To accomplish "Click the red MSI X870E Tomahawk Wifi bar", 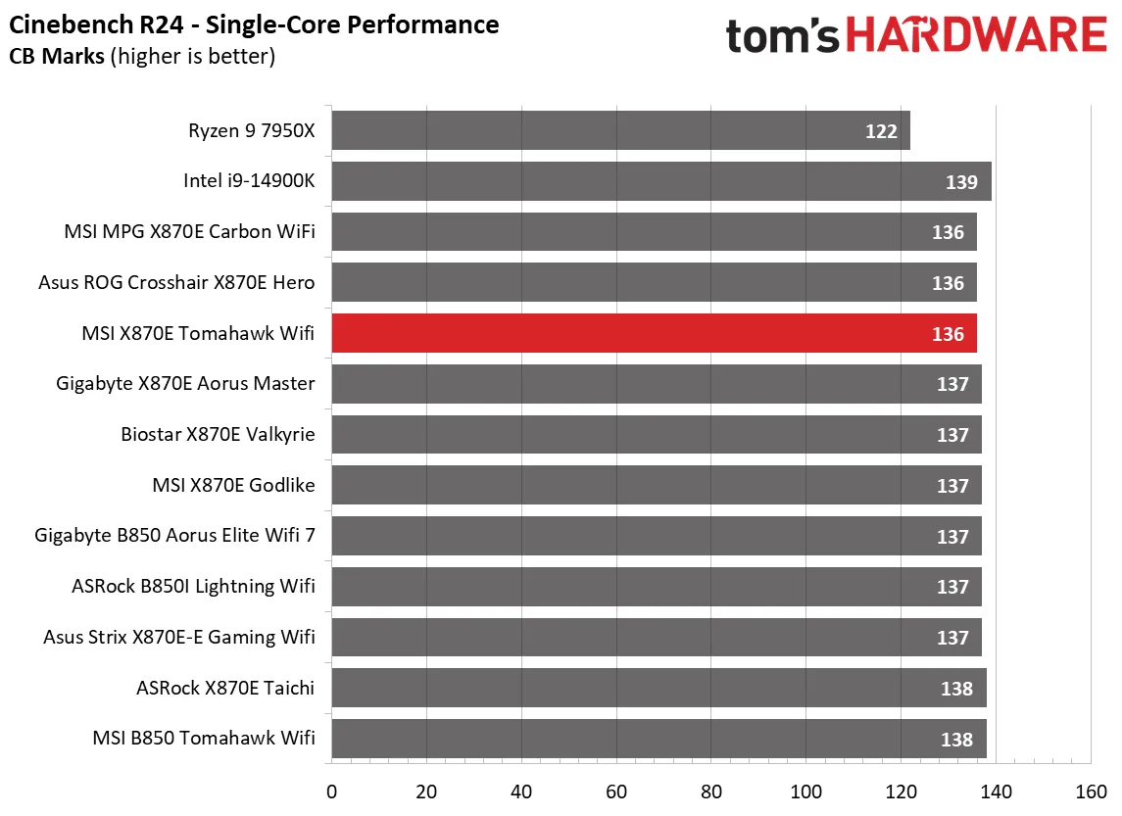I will (x=654, y=333).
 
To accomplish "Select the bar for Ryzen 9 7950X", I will (x=620, y=130).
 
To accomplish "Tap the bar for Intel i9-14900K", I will (x=661, y=181).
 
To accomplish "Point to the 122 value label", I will (x=881, y=131).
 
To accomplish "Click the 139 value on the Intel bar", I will (x=962, y=182).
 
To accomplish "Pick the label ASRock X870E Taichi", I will (x=225, y=688).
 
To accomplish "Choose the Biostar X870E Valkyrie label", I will (x=219, y=434).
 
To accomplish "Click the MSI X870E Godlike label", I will (x=233, y=485).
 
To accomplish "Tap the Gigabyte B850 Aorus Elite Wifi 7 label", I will (x=174, y=536).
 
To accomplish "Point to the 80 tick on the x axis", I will (x=711, y=792).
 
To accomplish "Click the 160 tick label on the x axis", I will (x=1091, y=792).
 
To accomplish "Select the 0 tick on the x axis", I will (x=332, y=792).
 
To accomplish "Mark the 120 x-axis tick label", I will (x=902, y=792).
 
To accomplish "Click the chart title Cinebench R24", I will (x=254, y=24).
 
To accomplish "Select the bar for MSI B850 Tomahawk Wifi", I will (x=659, y=739).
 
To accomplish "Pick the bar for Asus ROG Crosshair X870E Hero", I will (x=654, y=282).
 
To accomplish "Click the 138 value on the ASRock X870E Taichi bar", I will (x=956, y=689).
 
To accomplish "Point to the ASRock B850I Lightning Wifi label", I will (x=193, y=587).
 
